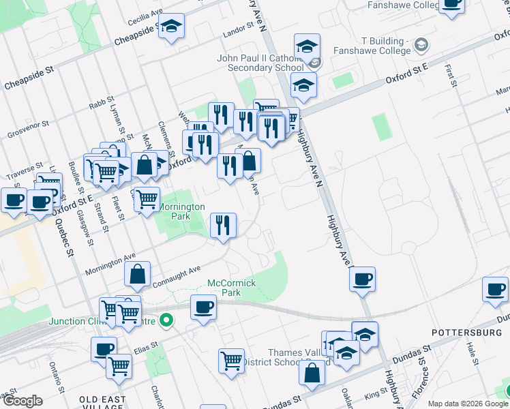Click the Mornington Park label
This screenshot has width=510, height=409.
(x=181, y=211)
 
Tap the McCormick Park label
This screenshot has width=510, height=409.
(x=232, y=287)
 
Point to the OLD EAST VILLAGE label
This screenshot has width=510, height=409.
(x=102, y=399)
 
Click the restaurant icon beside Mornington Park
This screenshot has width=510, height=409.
(x=222, y=226)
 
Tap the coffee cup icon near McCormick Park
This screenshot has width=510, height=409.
(x=203, y=308)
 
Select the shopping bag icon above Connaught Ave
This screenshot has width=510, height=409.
(x=138, y=275)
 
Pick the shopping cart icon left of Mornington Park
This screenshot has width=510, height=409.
(x=147, y=200)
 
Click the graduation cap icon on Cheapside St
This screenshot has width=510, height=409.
(x=171, y=27)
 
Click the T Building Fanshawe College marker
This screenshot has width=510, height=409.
(x=421, y=46)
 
